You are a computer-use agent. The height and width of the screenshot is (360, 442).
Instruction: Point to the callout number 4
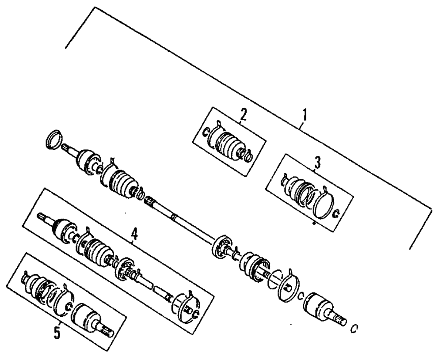coord(134,234)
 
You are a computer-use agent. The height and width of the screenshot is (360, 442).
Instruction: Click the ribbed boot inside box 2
coord(227,144)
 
